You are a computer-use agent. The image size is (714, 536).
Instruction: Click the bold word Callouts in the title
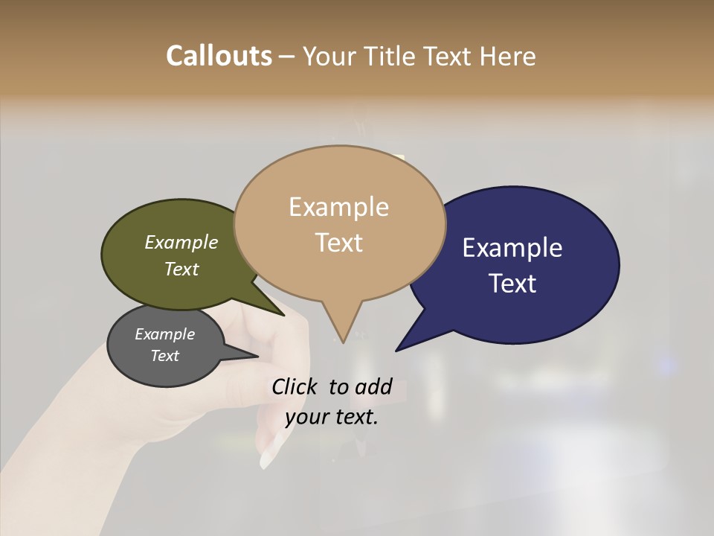219,56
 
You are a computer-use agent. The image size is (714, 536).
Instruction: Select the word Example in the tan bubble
338,207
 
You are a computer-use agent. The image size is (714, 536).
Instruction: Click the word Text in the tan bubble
338,242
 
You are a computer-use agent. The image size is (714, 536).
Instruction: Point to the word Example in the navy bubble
512,248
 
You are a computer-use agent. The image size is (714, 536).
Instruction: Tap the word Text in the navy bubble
513,284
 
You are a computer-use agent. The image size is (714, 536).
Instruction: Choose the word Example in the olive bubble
181,242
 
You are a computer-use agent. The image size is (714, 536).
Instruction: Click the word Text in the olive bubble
181,269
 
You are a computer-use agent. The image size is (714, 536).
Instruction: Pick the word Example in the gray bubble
164,334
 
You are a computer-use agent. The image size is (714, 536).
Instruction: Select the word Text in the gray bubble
164,356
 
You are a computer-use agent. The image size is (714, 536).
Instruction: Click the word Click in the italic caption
296,386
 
